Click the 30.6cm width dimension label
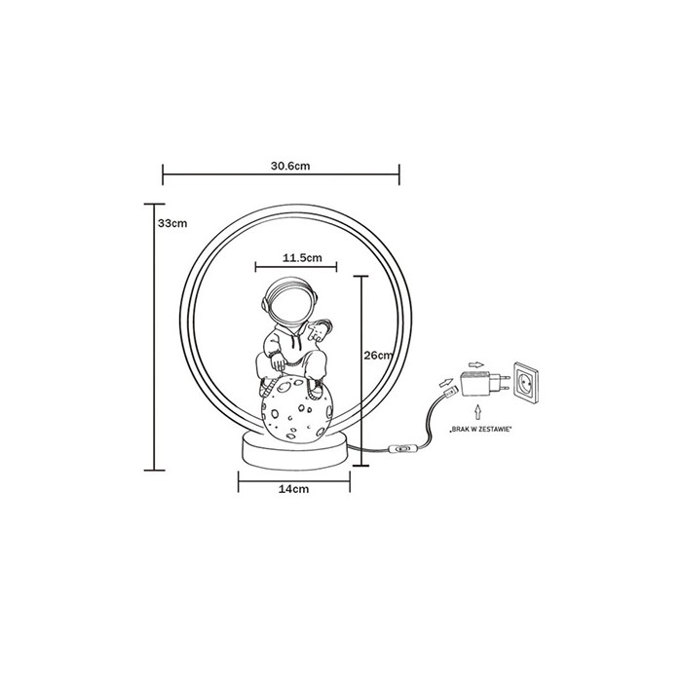(x=290, y=166)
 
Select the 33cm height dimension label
(x=172, y=223)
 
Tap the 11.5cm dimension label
(x=302, y=258)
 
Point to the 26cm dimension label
(x=379, y=356)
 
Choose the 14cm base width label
(x=293, y=489)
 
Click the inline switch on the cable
(x=401, y=448)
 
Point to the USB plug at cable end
(x=450, y=392)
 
